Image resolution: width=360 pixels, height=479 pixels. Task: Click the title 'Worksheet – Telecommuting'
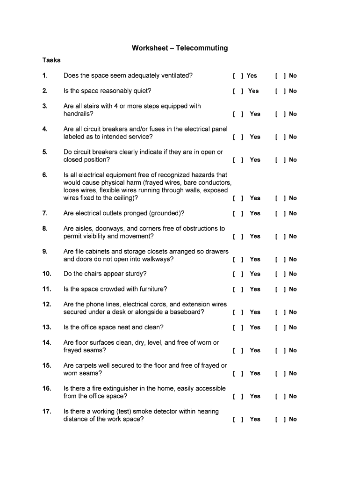(180, 48)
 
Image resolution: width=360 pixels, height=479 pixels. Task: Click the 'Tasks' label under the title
(51, 60)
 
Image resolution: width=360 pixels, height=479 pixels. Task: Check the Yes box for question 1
(238, 76)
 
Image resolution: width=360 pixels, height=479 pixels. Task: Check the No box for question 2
(281, 91)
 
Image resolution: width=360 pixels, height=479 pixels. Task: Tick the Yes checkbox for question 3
(238, 114)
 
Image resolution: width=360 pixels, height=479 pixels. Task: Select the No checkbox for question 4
(281, 137)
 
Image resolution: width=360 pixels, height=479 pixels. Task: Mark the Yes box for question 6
(238, 198)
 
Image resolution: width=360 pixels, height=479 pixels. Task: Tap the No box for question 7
(281, 213)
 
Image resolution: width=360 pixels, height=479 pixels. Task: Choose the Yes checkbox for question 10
(238, 274)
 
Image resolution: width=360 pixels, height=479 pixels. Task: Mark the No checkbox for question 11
(281, 290)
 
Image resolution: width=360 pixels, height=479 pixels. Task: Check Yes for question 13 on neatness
(238, 327)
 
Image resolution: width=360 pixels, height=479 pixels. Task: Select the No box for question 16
(281, 397)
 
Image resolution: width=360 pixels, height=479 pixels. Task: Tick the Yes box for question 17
(238, 420)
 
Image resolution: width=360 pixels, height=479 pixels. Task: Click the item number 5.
(45, 152)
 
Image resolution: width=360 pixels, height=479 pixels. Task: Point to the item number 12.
(47, 305)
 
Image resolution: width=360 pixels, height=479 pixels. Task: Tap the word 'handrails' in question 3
(78, 114)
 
